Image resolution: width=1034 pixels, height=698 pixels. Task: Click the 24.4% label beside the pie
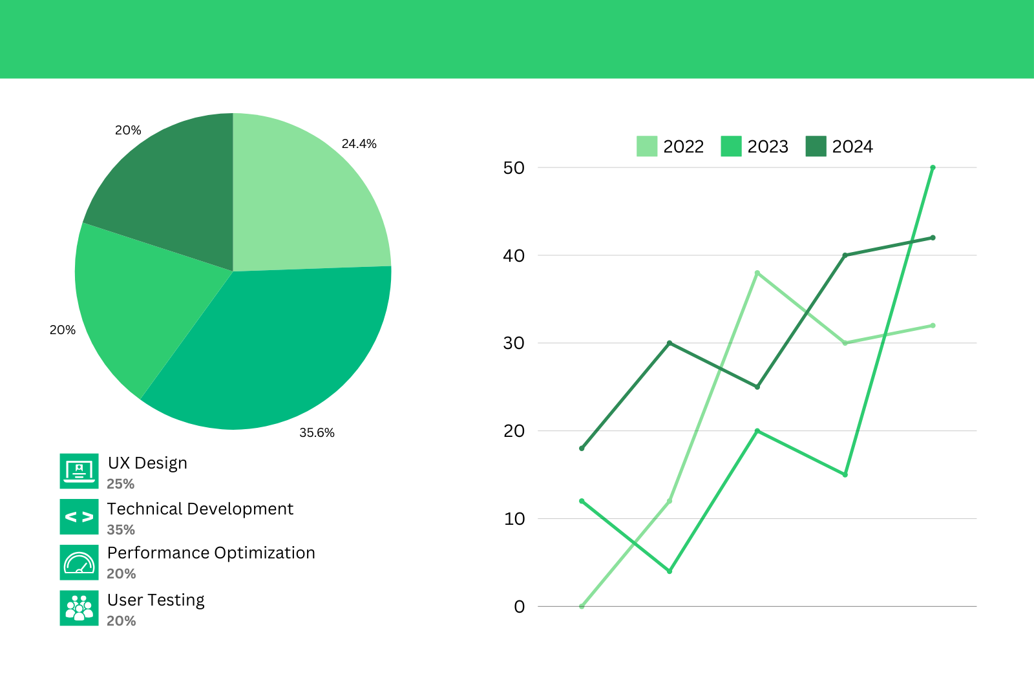[x=359, y=143]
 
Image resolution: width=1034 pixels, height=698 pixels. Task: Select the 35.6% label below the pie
[x=317, y=432]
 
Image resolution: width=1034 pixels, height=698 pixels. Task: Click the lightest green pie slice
[x=304, y=200]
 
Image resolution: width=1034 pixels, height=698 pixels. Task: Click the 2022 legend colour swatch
[x=646, y=146]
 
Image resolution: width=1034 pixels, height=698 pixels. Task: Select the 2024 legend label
[x=852, y=147]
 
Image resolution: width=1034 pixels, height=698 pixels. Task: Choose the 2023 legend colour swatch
[x=731, y=146]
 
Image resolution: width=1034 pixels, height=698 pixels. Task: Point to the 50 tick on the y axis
[x=514, y=168]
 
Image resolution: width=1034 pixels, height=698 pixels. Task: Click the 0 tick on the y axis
[x=519, y=607]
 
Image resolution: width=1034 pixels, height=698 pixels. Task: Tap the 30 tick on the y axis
[x=514, y=343]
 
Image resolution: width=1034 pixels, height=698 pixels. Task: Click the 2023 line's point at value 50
[x=933, y=167]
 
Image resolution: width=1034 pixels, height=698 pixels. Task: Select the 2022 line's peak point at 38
[x=757, y=273]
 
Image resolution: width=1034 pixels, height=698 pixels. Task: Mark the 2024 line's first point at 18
[x=582, y=448]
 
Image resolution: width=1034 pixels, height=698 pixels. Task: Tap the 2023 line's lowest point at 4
[x=670, y=571]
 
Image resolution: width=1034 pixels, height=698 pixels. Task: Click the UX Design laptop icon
[x=79, y=471]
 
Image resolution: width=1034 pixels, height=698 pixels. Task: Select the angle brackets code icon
[x=79, y=517]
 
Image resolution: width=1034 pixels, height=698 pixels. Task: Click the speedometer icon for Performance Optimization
[x=79, y=563]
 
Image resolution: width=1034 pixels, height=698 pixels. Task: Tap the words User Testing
[x=156, y=600]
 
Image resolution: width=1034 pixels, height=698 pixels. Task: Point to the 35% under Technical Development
[x=121, y=530]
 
